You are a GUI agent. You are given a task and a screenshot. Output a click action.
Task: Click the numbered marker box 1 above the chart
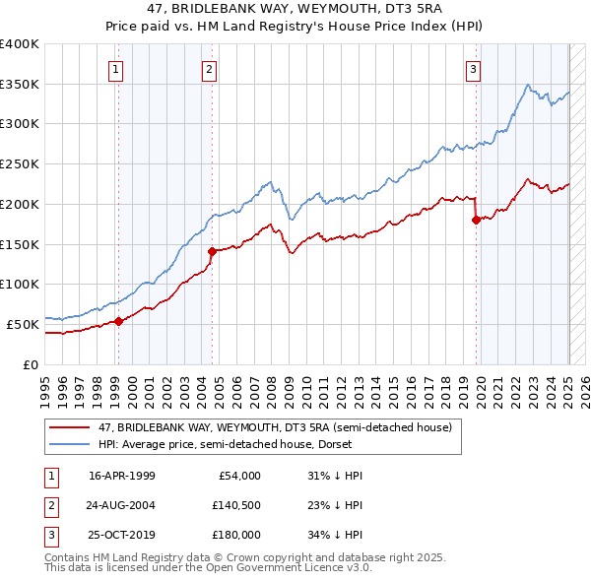coord(116,69)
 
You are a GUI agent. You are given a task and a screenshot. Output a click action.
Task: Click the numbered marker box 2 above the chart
coord(211,69)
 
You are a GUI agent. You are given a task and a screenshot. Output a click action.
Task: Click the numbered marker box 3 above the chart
coord(474,69)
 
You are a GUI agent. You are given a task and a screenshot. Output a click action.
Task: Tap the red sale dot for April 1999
coord(118,320)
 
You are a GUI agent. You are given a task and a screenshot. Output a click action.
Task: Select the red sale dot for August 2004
coord(212,251)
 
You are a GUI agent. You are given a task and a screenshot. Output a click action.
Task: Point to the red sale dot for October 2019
coord(476,220)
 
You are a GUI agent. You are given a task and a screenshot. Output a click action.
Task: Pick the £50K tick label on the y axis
coord(23,324)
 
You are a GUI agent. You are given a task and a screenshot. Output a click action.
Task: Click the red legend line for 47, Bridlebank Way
coord(69,427)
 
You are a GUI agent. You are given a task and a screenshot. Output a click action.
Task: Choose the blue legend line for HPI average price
coord(69,444)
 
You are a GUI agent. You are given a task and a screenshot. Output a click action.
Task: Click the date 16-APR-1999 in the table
coord(122,476)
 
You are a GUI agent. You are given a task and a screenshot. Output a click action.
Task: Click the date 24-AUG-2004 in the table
coord(122,505)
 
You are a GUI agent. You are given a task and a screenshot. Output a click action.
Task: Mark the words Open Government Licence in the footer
coord(287,568)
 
